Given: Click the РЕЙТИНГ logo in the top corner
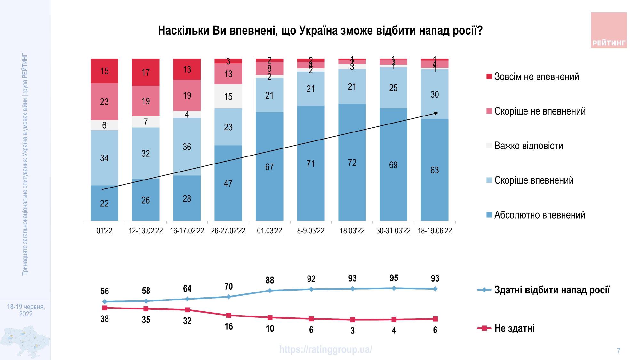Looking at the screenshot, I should coord(608,30).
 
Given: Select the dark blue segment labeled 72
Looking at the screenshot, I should coord(352,163).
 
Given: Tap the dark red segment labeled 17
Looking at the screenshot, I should coord(146,72).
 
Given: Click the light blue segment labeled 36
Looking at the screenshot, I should coord(187,147).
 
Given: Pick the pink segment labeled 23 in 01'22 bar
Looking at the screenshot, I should coord(104,102).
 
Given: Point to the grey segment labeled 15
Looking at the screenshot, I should coord(228,97).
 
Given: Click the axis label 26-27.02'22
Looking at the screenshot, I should coord(228,231).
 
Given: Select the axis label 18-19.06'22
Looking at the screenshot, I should coord(435,231).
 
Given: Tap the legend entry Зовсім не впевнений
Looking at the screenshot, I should coord(536,77).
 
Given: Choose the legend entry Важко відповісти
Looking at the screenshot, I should coord(528,146).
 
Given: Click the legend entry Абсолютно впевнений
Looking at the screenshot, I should coord(540,215).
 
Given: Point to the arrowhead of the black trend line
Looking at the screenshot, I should coord(436,113).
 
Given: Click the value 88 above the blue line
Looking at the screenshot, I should coord(270,280).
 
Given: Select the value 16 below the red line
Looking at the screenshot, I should coord(228,327).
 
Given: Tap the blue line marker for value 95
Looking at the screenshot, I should coord(394,288).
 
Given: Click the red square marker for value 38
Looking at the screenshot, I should coord(104,308).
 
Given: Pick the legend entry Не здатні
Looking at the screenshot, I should coord(514,328).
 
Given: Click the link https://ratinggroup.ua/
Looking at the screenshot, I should coord(325,349).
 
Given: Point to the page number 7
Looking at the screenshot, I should coord(618,351).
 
